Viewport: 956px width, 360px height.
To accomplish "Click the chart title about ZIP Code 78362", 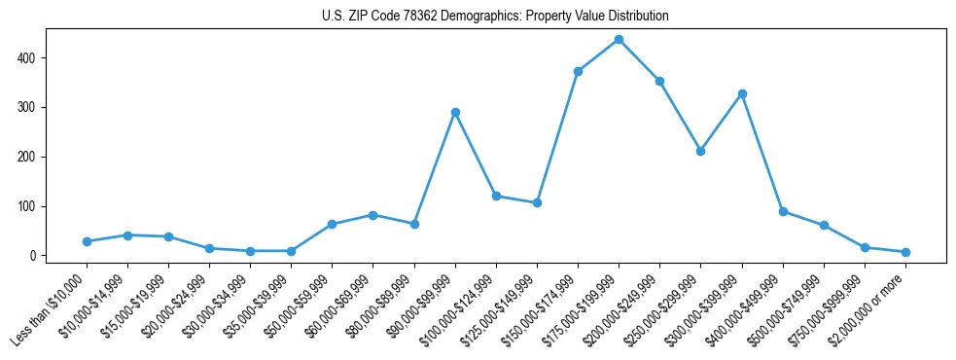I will [495, 17].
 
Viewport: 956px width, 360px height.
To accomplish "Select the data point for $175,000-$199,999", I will [619, 39].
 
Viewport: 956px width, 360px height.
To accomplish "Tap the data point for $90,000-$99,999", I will [455, 112].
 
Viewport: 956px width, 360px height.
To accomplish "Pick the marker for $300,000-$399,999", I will [742, 93].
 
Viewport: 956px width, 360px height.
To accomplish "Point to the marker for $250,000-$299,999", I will [700, 151].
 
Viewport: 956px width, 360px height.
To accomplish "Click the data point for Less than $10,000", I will [87, 241].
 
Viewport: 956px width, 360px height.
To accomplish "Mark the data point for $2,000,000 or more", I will [905, 252].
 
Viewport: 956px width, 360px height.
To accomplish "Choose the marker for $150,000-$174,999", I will [578, 71].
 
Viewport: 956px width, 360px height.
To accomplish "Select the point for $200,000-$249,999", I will [659, 81].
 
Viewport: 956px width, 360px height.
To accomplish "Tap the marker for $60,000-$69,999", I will [372, 215].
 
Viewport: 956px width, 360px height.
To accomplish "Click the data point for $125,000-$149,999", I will [537, 202].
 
